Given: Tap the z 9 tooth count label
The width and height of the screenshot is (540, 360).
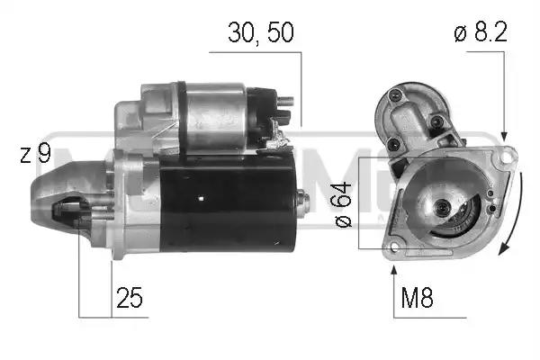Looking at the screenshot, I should coord(35,154).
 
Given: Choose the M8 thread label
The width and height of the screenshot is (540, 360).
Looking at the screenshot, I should coord(415,298).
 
